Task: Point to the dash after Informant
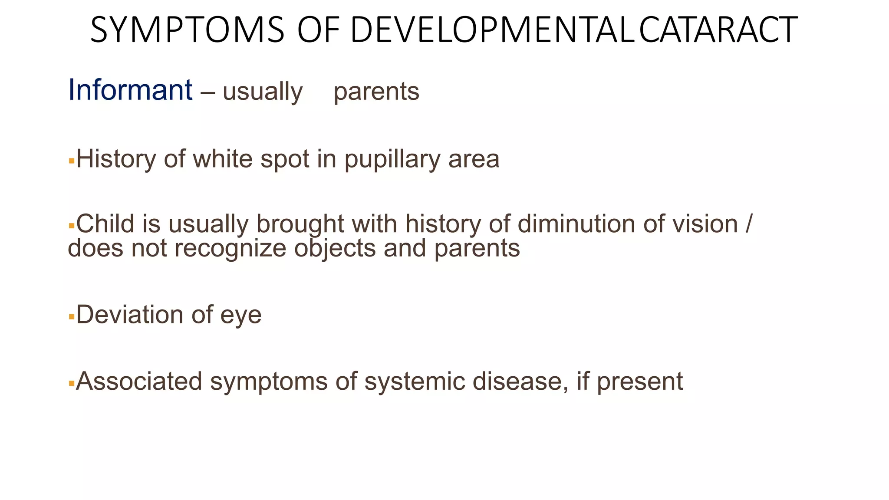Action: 207,92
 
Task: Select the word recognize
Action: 230,248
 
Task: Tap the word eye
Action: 241,315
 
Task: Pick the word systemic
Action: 414,382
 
